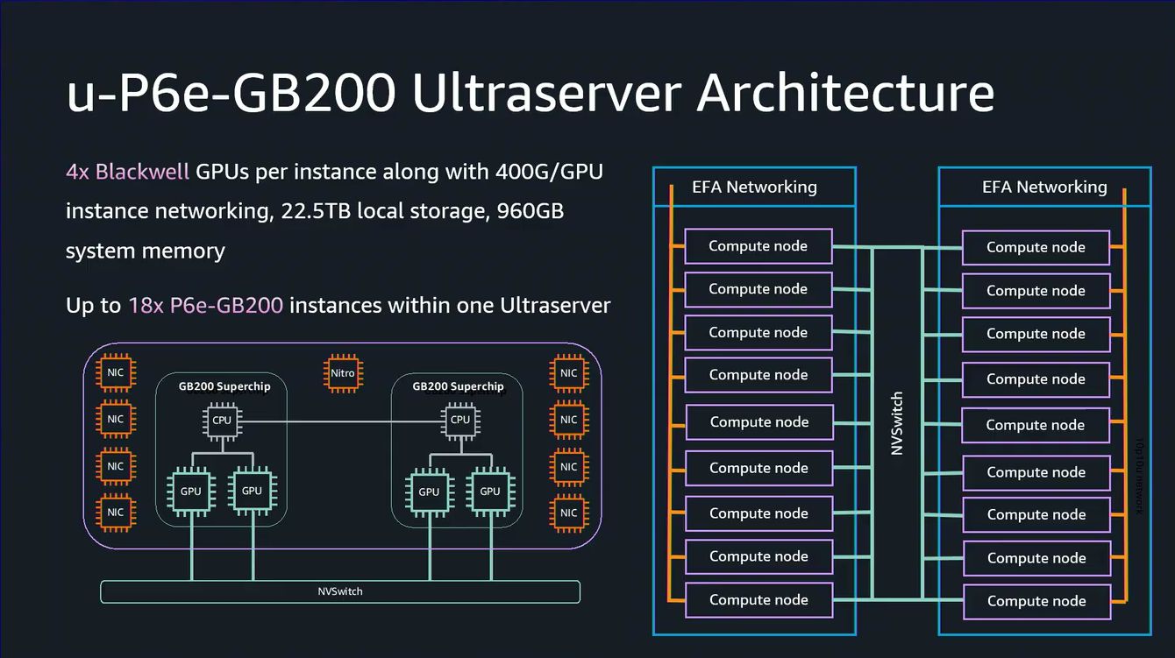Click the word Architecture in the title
tap(845, 93)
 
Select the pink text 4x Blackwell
tap(127, 171)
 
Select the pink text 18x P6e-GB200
tap(205, 306)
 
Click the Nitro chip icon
tap(342, 373)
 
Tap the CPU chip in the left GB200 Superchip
tap(222, 421)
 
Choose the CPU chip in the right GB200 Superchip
tap(459, 421)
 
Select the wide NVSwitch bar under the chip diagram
tap(340, 591)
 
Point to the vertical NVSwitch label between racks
tap(897, 423)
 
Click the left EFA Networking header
tap(754, 187)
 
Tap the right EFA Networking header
tap(1044, 187)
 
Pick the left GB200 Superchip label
tap(224, 386)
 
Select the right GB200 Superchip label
tap(458, 386)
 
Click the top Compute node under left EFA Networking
tap(758, 246)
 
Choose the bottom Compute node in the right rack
tap(1036, 601)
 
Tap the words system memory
tap(146, 251)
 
